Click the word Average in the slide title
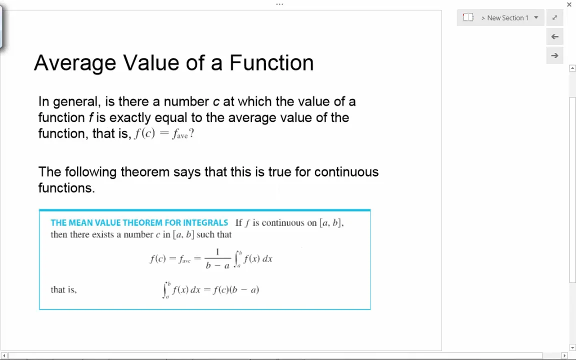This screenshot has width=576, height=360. (x=75, y=63)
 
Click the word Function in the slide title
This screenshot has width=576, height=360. (x=271, y=63)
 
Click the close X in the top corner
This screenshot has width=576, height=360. (x=569, y=5)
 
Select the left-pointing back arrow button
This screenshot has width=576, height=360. (x=554, y=37)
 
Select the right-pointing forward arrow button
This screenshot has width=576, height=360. (x=554, y=56)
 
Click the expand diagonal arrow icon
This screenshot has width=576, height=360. (x=554, y=18)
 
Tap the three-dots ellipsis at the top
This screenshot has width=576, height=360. (x=279, y=4)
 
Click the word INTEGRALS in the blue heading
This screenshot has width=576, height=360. (x=205, y=223)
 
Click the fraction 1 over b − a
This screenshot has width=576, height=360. (x=217, y=259)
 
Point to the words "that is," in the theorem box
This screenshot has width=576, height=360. (x=63, y=289)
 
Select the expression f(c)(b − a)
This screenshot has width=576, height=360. (x=236, y=290)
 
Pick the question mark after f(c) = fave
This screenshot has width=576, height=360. (x=191, y=133)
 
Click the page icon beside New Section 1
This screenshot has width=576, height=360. (x=468, y=18)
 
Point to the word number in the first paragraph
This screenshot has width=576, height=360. (x=186, y=102)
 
